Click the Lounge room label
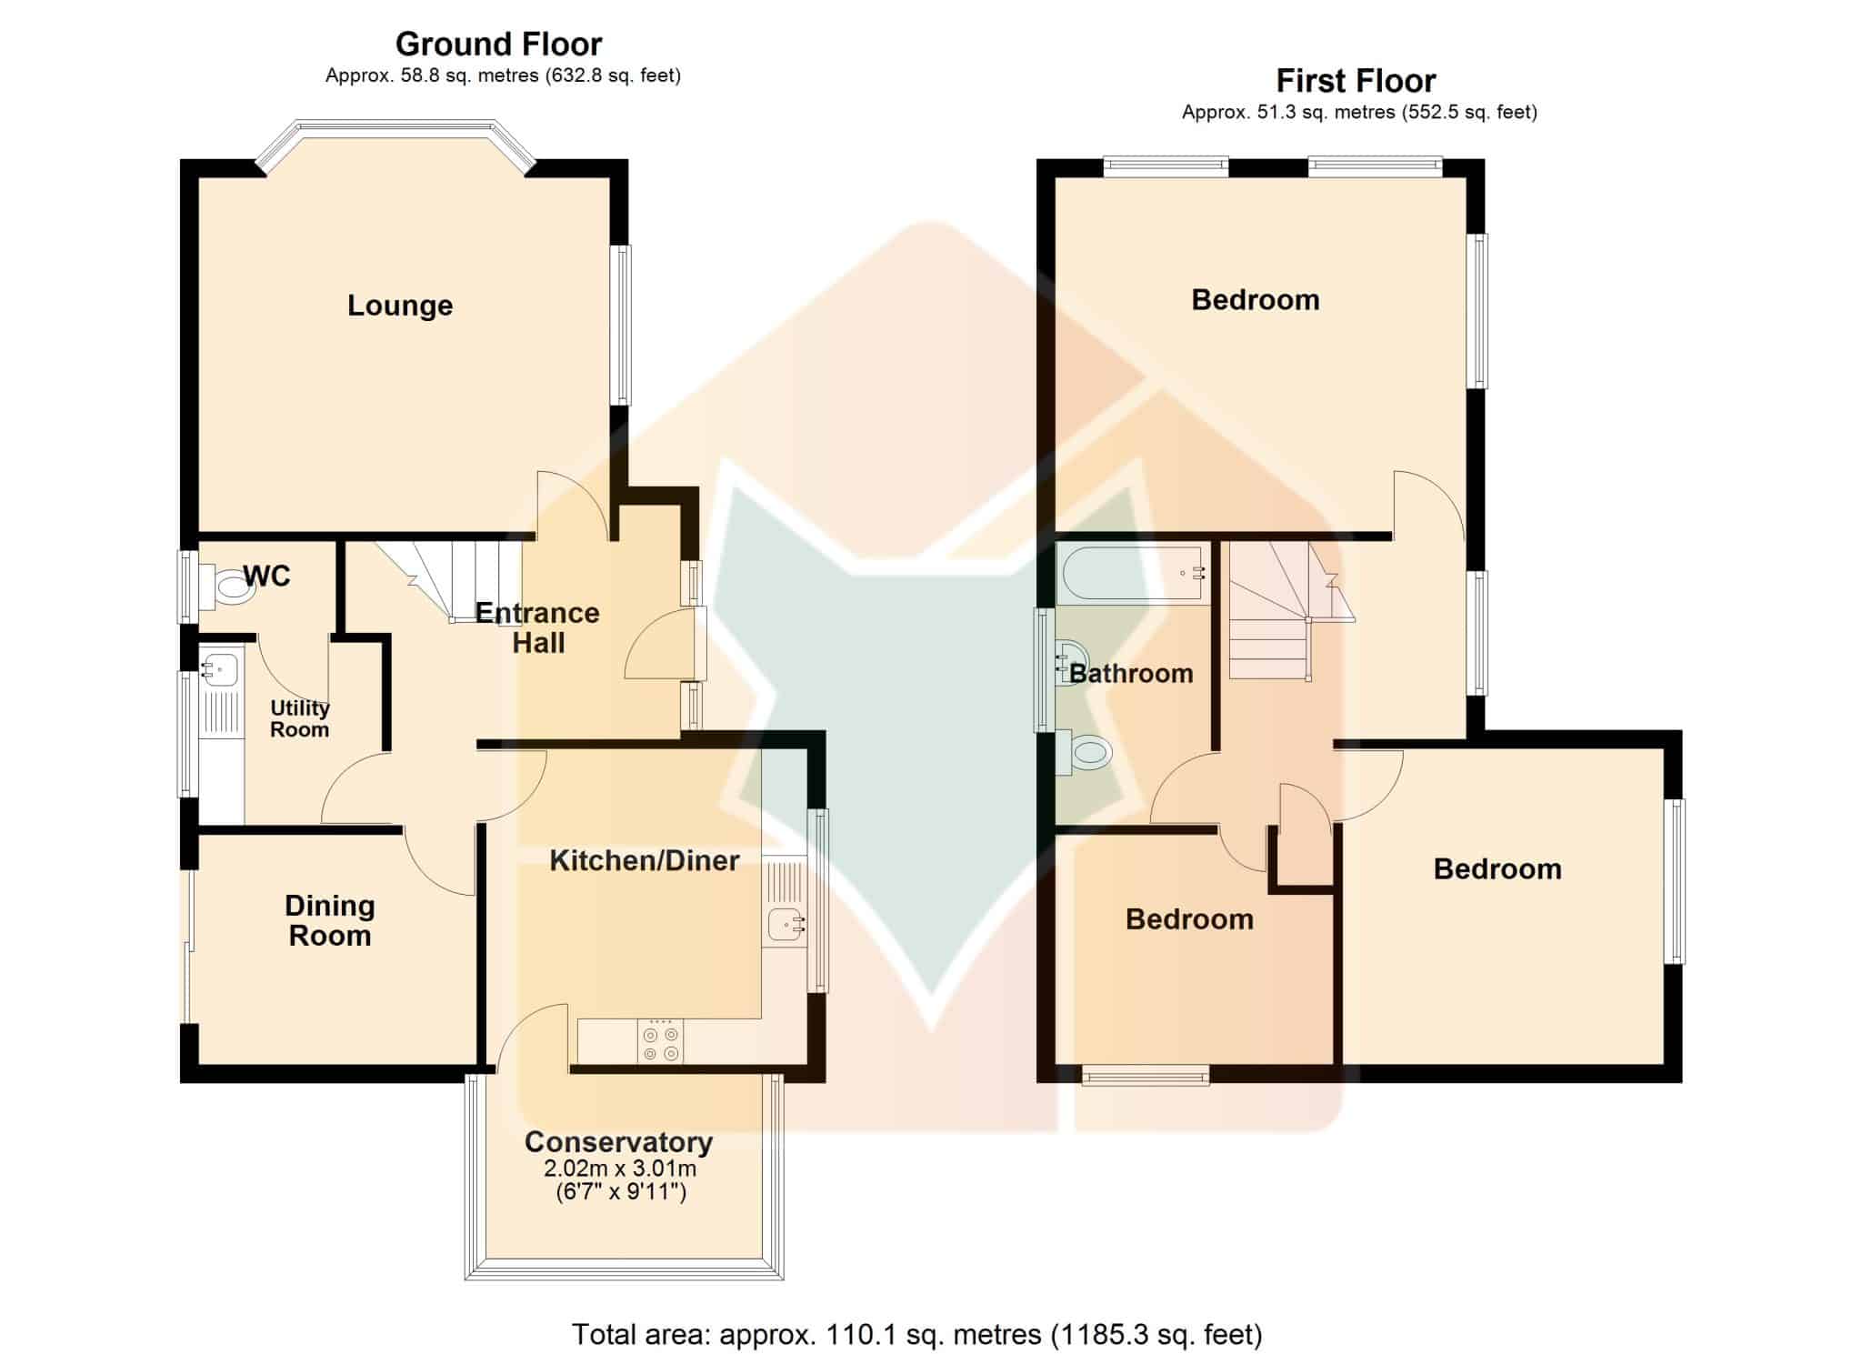point(400,306)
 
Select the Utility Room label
point(299,718)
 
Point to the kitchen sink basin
point(786,925)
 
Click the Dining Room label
point(330,920)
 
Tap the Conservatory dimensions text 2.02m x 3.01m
point(620,1168)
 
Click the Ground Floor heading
point(498,44)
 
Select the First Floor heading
point(1356,81)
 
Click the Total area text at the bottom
point(916,1334)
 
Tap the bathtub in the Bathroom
point(1133,573)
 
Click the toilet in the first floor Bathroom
point(1084,753)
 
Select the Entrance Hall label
point(537,627)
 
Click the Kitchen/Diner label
point(645,860)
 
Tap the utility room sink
point(219,668)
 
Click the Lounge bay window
point(395,144)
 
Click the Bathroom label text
point(1131,674)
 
